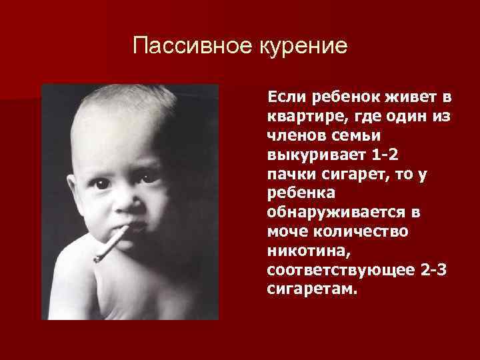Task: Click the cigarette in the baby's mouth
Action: pos(112,244)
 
